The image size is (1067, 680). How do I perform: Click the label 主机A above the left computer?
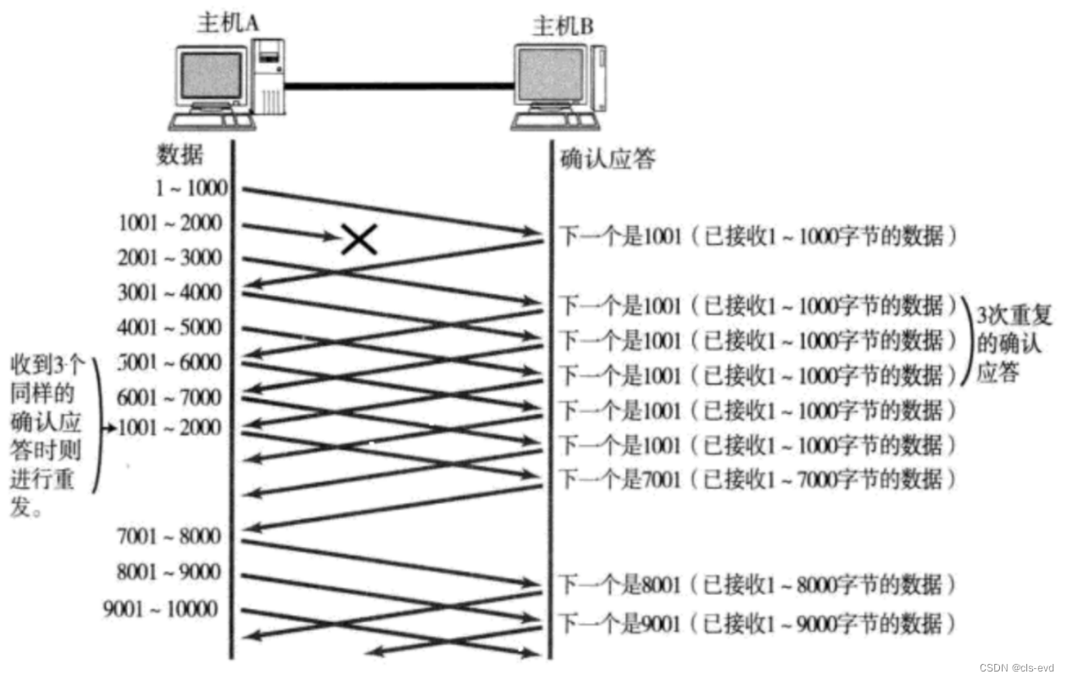tap(228, 23)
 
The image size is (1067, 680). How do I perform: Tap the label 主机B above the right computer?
tap(563, 25)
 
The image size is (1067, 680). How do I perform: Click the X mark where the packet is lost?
tap(359, 239)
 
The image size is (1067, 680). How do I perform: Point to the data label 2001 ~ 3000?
tap(170, 258)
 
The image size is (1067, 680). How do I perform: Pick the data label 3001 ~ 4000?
tap(170, 293)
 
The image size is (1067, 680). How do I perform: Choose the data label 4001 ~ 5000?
tap(170, 328)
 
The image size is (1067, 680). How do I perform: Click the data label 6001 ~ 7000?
tap(170, 398)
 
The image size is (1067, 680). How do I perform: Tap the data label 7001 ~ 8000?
tap(170, 536)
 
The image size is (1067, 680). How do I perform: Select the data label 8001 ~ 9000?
tap(170, 572)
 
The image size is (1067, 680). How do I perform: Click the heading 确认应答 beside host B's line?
tap(608, 159)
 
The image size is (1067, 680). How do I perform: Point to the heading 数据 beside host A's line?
tap(180, 155)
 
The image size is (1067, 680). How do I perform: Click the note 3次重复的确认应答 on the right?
tap(1014, 344)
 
